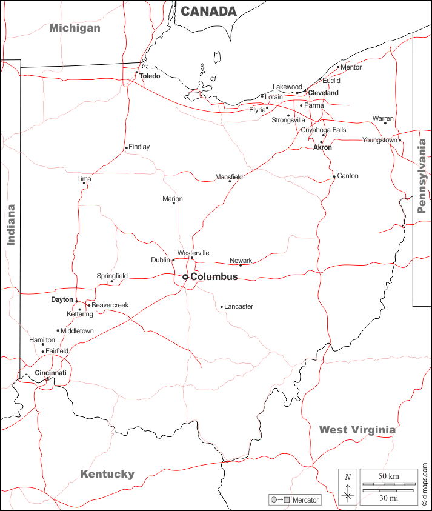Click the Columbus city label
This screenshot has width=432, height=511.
(214, 277)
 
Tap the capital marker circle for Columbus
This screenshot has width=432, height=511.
(185, 277)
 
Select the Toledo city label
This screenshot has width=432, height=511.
(150, 76)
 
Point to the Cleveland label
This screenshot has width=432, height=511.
(323, 93)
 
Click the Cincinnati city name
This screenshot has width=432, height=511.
(50, 373)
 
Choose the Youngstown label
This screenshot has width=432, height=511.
(380, 140)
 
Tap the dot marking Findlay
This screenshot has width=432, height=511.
(126, 147)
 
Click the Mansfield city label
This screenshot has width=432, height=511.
(229, 177)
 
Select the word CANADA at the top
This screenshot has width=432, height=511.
(208, 12)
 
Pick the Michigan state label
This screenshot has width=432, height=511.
(75, 28)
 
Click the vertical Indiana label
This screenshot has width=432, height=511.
(10, 224)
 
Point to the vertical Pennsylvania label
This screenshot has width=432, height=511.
(422, 176)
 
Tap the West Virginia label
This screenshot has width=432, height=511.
(357, 430)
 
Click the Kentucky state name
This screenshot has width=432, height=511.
(107, 474)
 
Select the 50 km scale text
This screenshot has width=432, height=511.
(388, 476)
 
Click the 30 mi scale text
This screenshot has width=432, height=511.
(388, 498)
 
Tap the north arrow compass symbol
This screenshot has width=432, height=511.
(348, 487)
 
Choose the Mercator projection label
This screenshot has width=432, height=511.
(305, 500)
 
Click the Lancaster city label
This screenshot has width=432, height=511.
(239, 307)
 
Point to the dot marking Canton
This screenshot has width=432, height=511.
(334, 177)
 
